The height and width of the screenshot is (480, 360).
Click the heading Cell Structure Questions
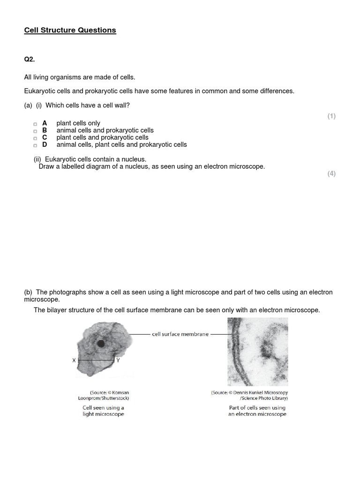pos(70,30)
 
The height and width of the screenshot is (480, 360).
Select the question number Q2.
pos(30,60)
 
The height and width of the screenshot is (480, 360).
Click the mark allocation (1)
pos(331,116)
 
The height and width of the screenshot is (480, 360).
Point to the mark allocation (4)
pos(331,173)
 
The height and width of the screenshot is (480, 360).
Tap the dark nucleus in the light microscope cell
pos(101,344)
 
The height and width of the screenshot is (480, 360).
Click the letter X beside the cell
pos(74,360)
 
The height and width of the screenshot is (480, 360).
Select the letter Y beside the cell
pos(118,360)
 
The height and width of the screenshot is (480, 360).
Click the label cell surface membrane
pos(180,334)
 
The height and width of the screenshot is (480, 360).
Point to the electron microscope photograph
pos(257,352)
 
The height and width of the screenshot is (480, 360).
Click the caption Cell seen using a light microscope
pos(103,411)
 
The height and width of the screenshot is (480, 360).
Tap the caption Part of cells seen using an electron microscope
pos(257,411)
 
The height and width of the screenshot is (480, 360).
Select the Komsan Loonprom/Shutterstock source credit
pos(109,395)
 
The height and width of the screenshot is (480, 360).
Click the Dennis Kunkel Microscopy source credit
pos(249,395)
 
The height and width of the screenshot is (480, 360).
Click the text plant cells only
pos(78,123)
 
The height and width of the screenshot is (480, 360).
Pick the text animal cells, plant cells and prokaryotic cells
pos(121,145)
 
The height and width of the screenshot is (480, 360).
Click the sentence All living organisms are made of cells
pos(80,77)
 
